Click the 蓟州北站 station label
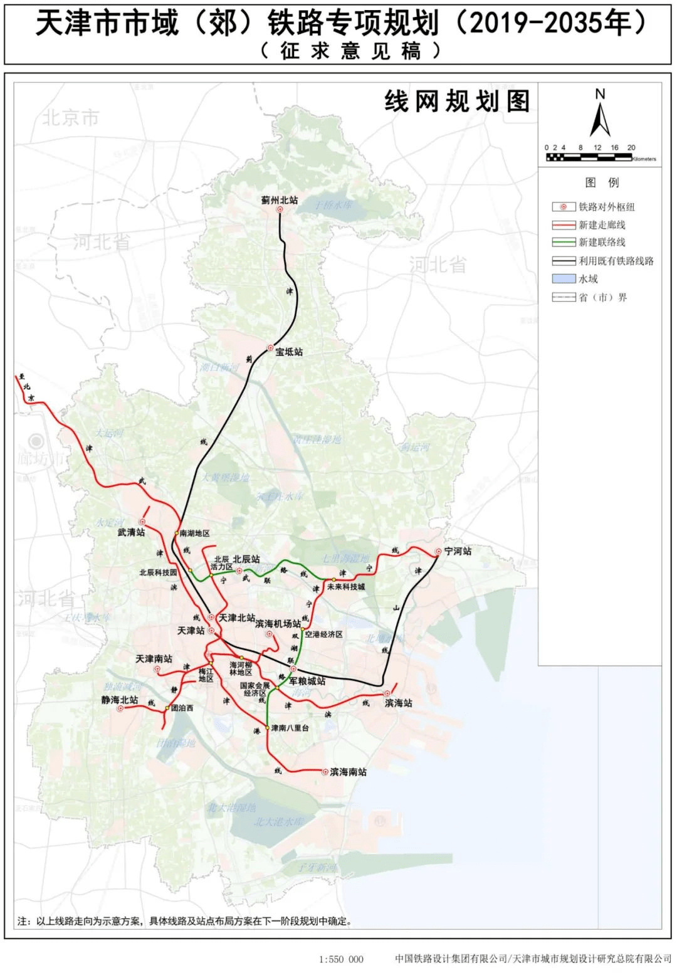(280, 200)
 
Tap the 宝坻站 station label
(289, 352)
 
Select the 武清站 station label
(131, 532)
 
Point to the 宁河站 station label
(458, 552)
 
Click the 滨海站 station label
(399, 703)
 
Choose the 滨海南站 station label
(348, 772)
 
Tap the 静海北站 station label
(119, 700)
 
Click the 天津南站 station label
(154, 659)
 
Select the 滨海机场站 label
(278, 624)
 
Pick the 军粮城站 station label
(307, 681)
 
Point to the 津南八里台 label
(290, 728)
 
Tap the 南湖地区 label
(194, 534)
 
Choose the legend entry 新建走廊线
(602, 224)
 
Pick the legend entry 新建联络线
(602, 242)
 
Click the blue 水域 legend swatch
(564, 278)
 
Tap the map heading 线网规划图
(457, 102)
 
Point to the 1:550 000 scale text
(341, 959)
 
